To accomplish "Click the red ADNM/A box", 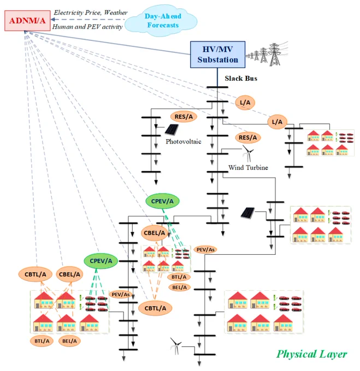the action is point(27,21).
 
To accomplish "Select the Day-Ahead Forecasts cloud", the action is point(161,21).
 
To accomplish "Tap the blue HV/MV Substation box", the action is point(217,55).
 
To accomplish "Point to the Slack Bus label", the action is point(241,79).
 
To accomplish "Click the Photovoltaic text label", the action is point(184,141).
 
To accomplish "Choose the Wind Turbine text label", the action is point(248,167).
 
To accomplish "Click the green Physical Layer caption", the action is point(312,354).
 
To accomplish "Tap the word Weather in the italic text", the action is point(116,13).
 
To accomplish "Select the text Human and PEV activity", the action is point(87,27).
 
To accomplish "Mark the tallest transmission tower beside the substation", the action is point(274,55).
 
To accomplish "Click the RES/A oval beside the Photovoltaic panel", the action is point(184,117).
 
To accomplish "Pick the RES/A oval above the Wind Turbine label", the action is point(247,137).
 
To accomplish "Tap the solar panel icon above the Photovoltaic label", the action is point(172,130).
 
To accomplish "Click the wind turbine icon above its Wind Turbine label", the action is point(247,153).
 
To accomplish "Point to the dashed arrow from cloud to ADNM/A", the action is point(88,20).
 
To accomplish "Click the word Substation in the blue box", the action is point(217,59).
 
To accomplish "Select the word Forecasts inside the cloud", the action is point(163,25).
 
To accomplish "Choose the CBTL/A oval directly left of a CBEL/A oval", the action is point(36,274).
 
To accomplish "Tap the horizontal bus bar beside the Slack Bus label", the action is point(217,87).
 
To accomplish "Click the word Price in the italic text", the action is point(93,13).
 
